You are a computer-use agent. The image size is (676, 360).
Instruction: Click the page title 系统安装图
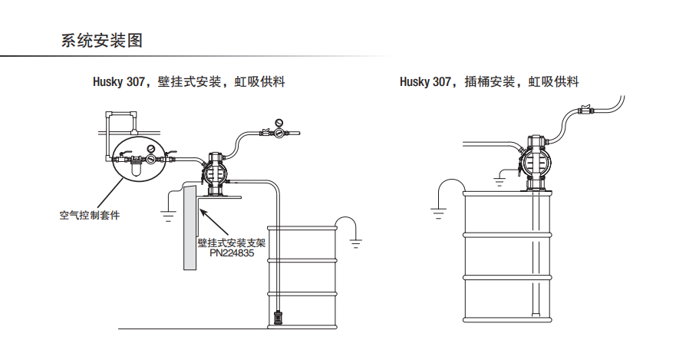point(101,41)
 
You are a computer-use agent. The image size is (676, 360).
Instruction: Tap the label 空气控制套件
point(90,215)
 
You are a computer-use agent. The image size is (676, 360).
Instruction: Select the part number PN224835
point(231,252)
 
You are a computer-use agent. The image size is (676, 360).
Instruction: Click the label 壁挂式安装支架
point(231,242)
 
